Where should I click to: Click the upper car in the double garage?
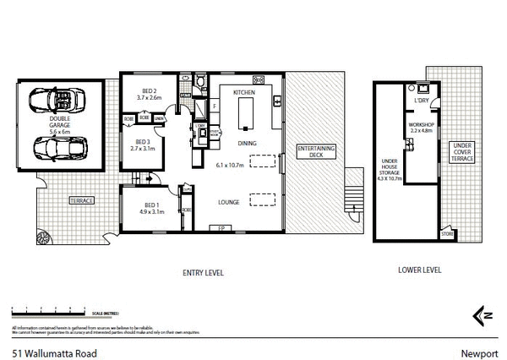pos(52,101)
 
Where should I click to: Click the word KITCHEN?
pos(244,90)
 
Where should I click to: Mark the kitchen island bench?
pos(246,113)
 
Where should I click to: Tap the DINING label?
pos(247,144)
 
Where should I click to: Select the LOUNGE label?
pos(230,202)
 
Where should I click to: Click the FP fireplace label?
pos(221,228)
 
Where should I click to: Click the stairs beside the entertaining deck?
pos(353,199)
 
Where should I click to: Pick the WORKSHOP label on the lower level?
pos(421,126)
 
